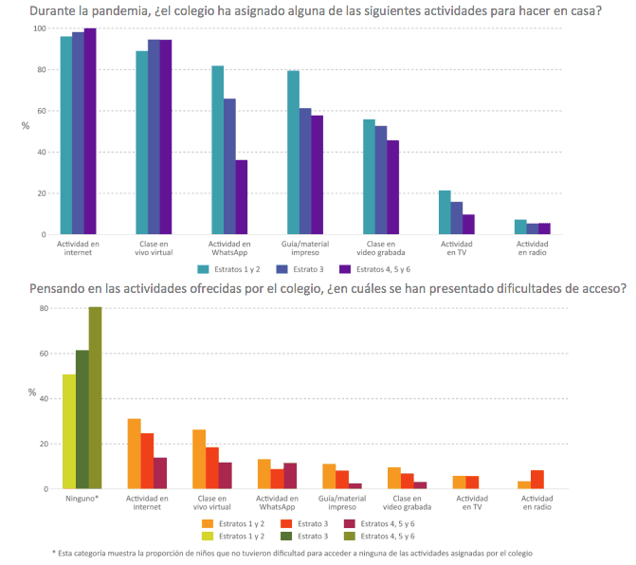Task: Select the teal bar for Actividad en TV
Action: [445, 212]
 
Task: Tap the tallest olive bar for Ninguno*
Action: [95, 397]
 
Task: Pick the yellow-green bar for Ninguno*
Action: [69, 431]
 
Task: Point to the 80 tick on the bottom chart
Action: [43, 308]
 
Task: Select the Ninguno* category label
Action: [82, 498]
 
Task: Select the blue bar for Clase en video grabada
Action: [381, 180]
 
